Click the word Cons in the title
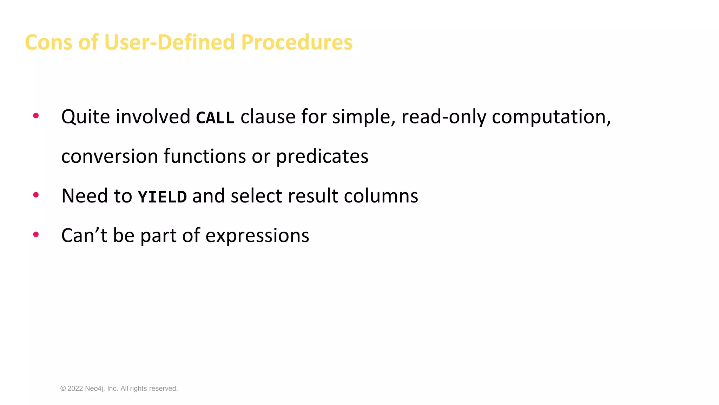point(48,42)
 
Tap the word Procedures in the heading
point(297,42)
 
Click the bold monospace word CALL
point(215,117)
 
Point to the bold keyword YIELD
point(162,197)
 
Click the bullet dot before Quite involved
point(36,116)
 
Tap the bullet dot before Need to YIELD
point(36,195)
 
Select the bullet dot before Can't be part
point(36,234)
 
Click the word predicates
point(322,156)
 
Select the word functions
point(205,156)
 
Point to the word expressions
point(257,236)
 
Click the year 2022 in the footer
point(75,388)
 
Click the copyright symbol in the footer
point(63,388)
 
